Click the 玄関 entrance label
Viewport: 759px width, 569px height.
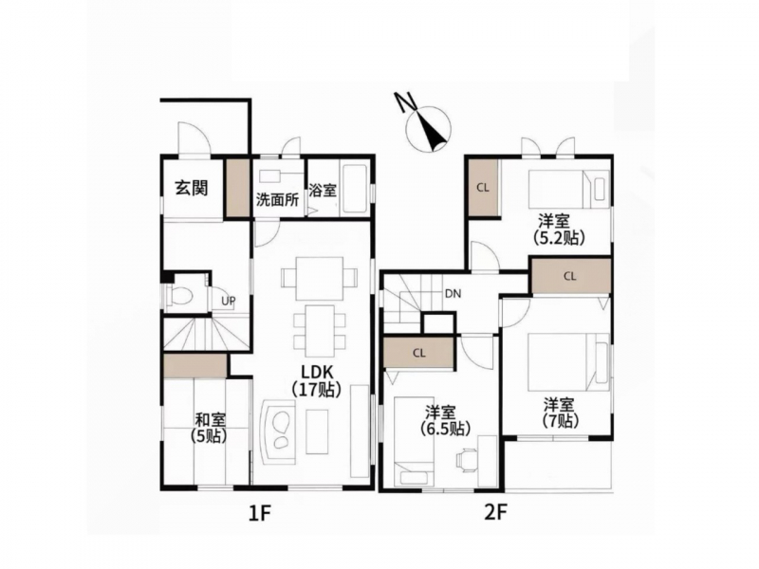193,187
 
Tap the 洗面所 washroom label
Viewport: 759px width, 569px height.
277,199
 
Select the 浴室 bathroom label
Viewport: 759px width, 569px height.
323,191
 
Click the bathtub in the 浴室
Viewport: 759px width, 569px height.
355,190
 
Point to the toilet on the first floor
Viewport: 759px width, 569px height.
177,294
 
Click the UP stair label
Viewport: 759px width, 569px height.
229,301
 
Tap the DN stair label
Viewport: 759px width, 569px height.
454,294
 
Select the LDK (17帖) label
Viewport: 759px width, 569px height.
317,380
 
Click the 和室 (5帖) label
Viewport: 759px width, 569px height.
210,427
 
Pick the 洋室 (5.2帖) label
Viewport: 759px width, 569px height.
559,229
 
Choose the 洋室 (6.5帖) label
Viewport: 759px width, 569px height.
440,420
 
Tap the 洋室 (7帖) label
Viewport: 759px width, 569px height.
561,413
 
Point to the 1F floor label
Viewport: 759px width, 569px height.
258,513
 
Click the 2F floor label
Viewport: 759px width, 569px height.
495,512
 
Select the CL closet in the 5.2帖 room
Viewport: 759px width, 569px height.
483,187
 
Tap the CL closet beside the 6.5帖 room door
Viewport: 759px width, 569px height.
419,353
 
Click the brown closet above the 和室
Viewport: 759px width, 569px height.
195,365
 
